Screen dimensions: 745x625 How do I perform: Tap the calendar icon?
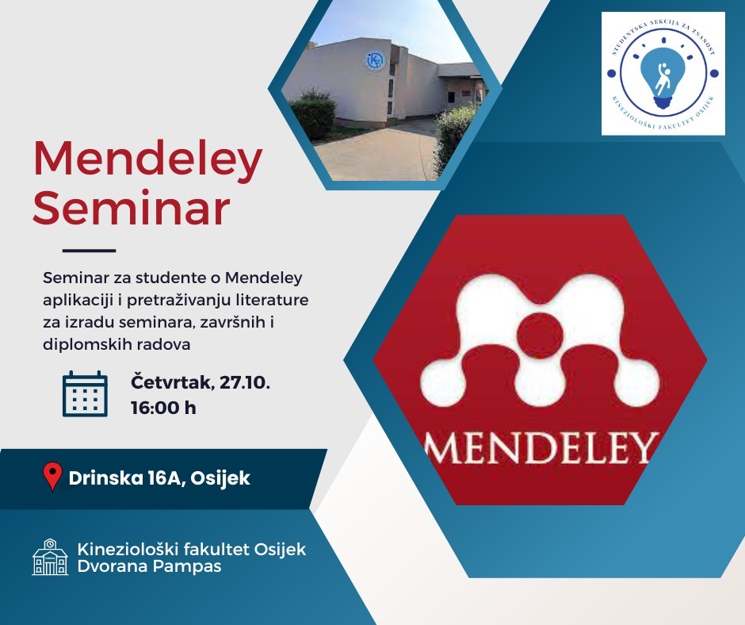coord(85,394)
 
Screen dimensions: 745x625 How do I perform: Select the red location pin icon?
coord(53,476)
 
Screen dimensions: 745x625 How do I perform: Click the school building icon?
coord(50,557)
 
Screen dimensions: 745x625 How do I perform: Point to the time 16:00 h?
coord(163,408)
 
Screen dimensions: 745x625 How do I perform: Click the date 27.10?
coord(245,382)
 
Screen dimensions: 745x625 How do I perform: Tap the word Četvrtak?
coord(173,382)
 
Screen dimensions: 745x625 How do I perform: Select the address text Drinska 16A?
coord(126,478)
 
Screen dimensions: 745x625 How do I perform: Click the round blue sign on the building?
coord(376,61)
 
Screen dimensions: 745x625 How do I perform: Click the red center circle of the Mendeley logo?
coord(540,336)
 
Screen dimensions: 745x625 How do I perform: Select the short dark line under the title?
coord(90,250)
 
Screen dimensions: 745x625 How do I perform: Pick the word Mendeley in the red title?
coord(147,159)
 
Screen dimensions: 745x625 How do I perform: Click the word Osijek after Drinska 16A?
coord(220,478)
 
